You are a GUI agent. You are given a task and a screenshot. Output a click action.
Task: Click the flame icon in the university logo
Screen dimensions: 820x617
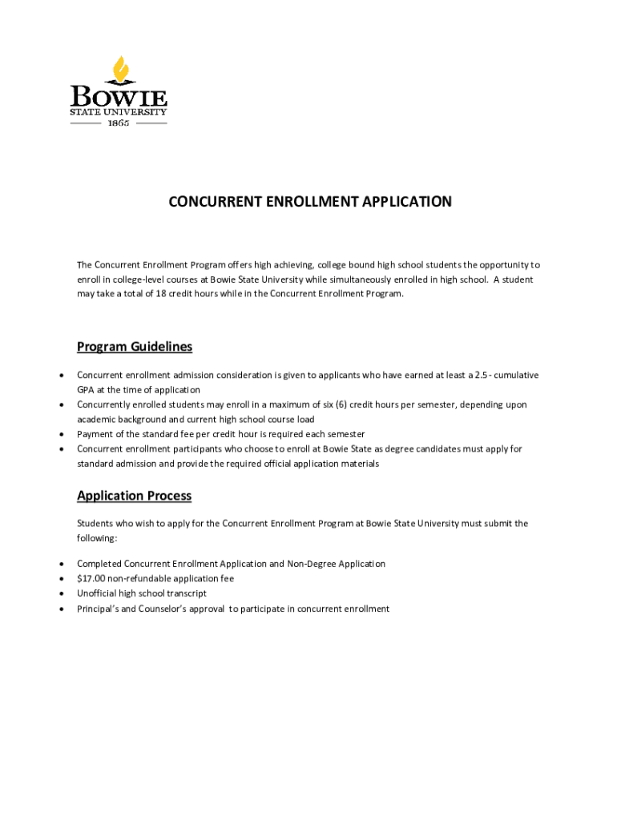[x=121, y=70]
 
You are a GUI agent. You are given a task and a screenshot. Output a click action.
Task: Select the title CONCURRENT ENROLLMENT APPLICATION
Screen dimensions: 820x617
[x=309, y=202]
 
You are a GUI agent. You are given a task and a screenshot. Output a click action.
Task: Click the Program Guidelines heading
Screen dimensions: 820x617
[x=134, y=347]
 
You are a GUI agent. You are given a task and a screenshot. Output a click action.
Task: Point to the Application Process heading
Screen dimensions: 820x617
[x=134, y=496]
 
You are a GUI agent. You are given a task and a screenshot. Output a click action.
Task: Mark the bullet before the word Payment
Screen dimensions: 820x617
[x=62, y=435]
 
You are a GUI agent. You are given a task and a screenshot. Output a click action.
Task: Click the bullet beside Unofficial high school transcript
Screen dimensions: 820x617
[x=62, y=593]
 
